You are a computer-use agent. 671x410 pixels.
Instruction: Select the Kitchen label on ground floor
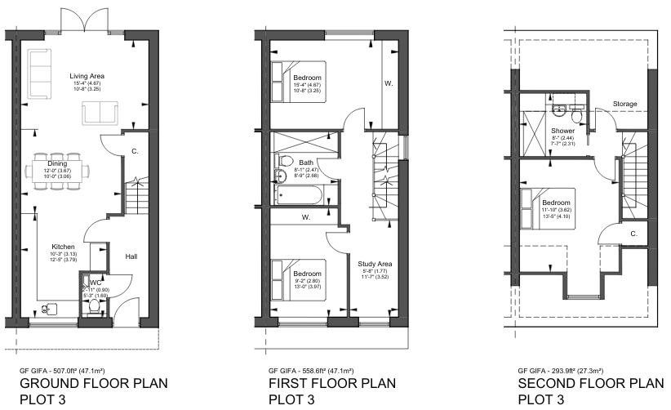tap(64, 246)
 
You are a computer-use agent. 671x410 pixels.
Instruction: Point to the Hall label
tap(131, 256)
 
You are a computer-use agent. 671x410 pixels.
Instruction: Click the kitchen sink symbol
tap(50, 309)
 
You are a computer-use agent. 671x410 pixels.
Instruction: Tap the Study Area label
tap(375, 263)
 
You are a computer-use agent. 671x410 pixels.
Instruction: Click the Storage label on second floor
tap(625, 104)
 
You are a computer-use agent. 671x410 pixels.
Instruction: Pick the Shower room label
tap(562, 131)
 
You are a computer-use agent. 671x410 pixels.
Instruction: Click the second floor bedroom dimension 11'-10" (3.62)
tap(558, 210)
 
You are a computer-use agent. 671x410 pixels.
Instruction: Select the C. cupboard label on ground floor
tap(134, 149)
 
